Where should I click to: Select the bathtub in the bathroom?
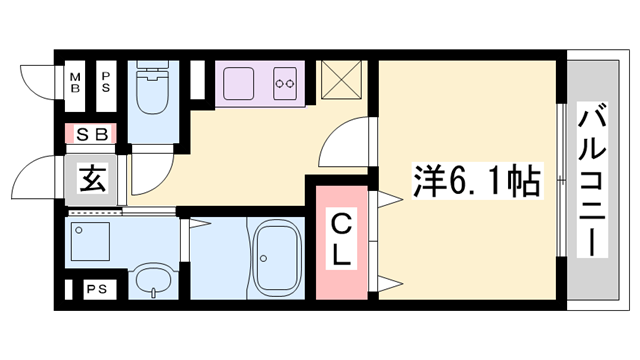coord(279,257)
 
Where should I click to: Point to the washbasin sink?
coord(151,280)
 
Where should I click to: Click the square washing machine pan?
coord(95,241)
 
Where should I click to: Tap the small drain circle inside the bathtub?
coord(264,257)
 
